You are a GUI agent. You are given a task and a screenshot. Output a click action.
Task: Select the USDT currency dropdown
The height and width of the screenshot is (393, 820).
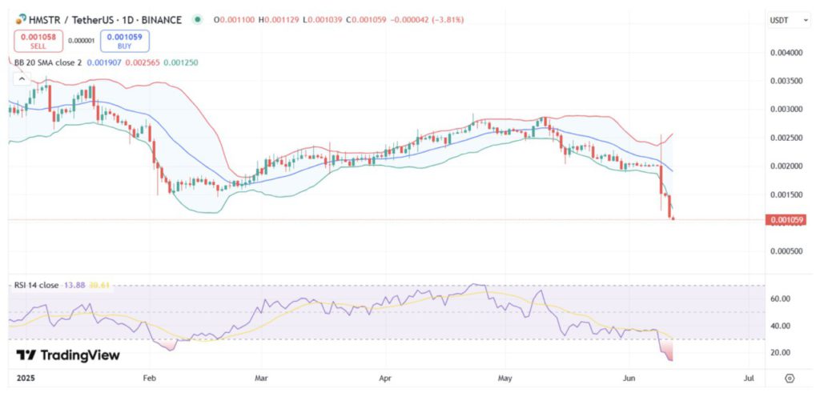(x=782, y=19)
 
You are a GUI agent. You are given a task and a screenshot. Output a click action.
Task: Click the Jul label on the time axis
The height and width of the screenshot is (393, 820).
(x=749, y=376)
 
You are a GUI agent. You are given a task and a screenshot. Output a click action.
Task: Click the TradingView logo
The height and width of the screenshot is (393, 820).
(x=68, y=355)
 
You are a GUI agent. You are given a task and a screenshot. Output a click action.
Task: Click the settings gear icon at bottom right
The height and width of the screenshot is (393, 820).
(x=789, y=377)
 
